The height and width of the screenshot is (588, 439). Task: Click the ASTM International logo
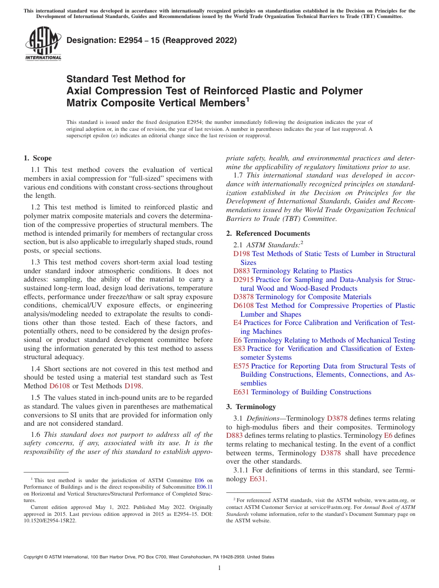(x=43, y=43)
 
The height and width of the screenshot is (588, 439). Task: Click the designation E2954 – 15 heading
(x=152, y=40)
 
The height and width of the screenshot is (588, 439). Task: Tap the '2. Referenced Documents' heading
(x=268, y=233)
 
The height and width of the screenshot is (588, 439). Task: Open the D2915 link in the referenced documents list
(x=243, y=280)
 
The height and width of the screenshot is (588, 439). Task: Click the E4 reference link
(x=237, y=323)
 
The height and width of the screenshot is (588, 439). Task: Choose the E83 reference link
(x=239, y=349)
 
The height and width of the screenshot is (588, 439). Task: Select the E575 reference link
(x=241, y=366)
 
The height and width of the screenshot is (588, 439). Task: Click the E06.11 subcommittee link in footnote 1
(x=204, y=487)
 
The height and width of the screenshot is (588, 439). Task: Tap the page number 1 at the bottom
(x=219, y=568)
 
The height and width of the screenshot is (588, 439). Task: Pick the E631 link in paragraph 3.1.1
(x=257, y=479)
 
